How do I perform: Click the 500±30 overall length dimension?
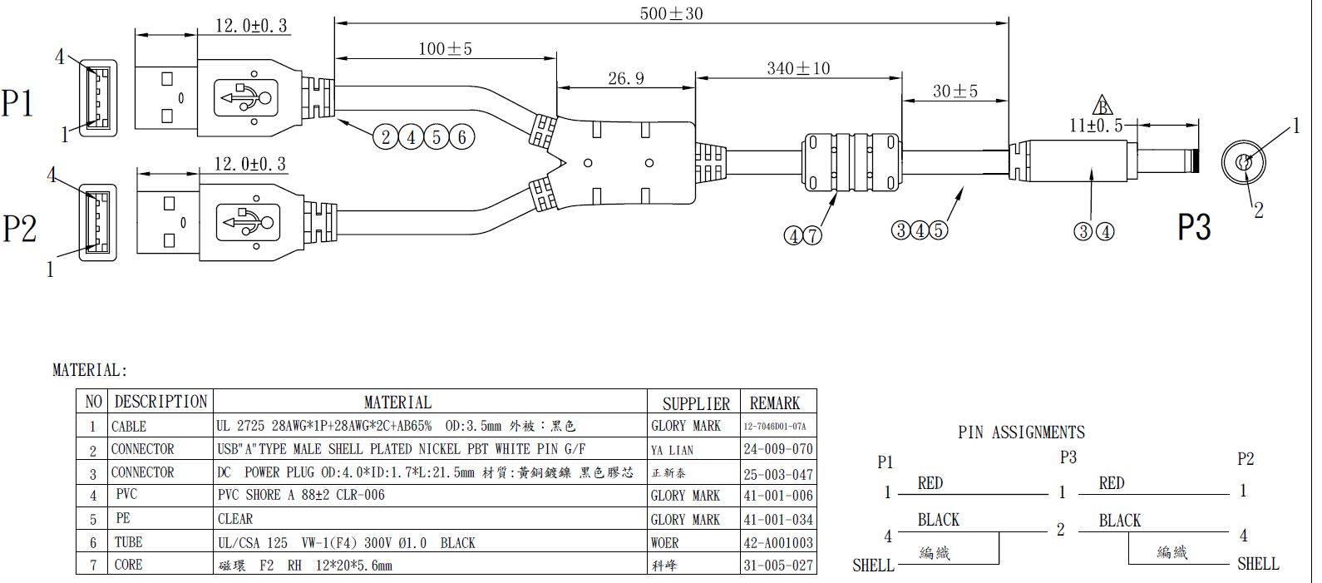(x=672, y=13)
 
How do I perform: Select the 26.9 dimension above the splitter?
(x=625, y=78)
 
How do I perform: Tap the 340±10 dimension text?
(x=797, y=68)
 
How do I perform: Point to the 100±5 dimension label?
(x=445, y=49)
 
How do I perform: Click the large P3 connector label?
(x=1194, y=226)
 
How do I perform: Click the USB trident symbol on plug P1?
(x=244, y=98)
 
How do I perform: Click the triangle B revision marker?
(x=1102, y=106)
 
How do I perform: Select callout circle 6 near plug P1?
(x=463, y=137)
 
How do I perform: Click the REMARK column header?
(x=774, y=403)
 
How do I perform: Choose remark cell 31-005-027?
(x=777, y=566)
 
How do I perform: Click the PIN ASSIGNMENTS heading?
(x=1021, y=432)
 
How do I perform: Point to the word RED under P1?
(x=930, y=483)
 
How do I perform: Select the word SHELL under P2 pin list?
(x=1257, y=564)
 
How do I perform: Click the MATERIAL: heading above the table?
(x=91, y=370)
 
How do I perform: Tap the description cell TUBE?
(x=128, y=542)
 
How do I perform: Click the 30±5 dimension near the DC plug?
(x=955, y=91)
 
